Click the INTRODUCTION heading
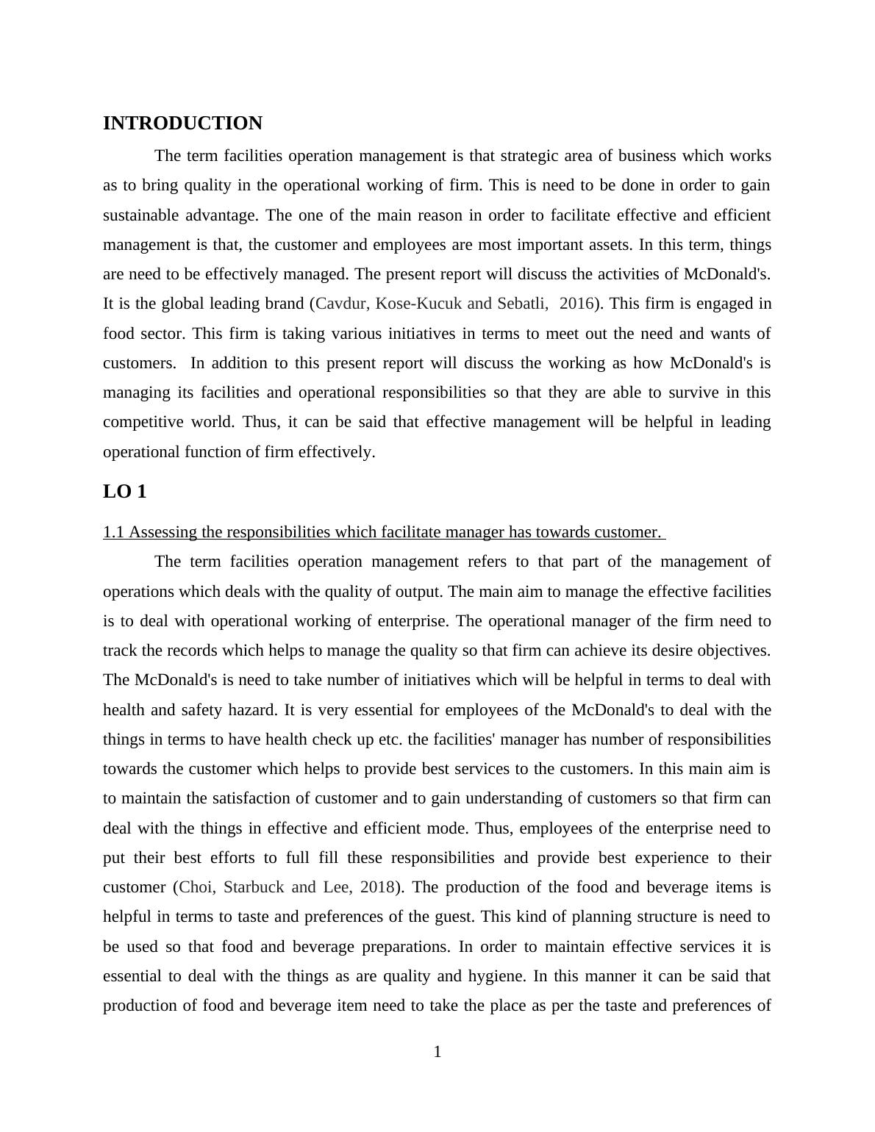pos(182,123)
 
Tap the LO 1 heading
pos(124,492)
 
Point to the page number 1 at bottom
pos(438,1052)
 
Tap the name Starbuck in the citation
pos(254,887)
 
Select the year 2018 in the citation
pos(378,887)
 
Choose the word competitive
pos(143,422)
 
